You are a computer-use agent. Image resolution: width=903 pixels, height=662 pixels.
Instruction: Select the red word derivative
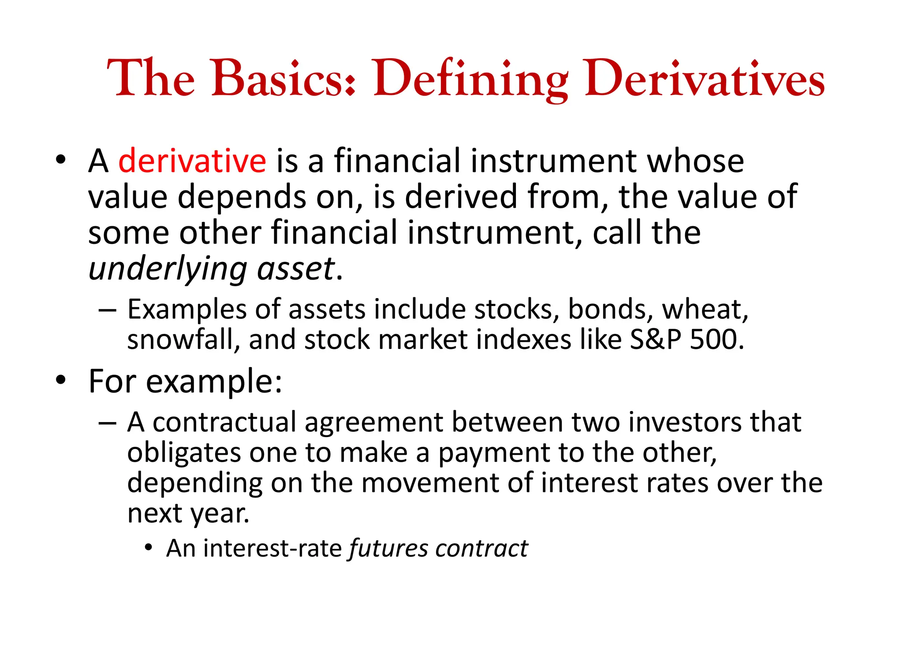point(192,161)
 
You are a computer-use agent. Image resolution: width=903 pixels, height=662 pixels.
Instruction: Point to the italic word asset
point(296,269)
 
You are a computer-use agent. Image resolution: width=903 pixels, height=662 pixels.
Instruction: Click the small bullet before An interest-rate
point(149,548)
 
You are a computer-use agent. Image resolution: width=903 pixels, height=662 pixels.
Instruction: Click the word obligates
point(184,453)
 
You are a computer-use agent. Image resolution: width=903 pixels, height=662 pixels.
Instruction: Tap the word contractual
point(224,423)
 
